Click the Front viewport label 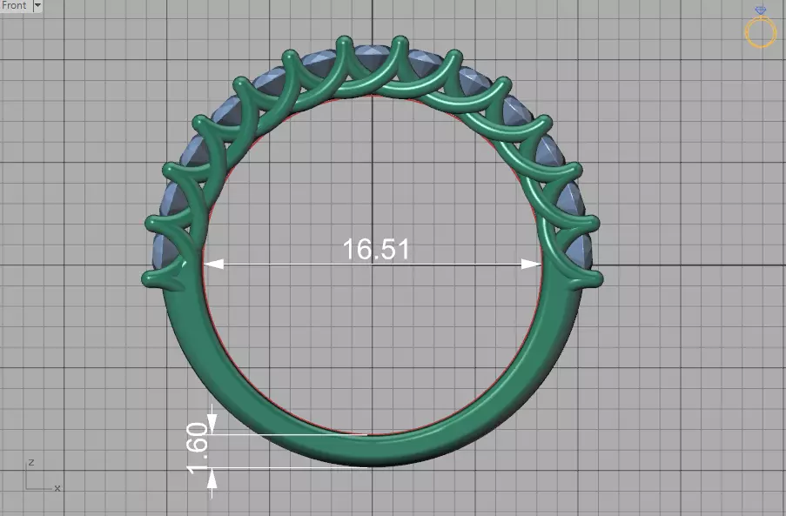pyautogui.click(x=15, y=5)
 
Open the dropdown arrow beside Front pyautogui.click(x=37, y=5)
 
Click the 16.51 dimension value pyautogui.click(x=375, y=250)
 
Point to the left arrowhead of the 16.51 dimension pyautogui.click(x=212, y=264)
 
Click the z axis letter pyautogui.click(x=30, y=462)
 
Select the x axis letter pyautogui.click(x=57, y=488)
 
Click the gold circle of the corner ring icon pyautogui.click(x=760, y=33)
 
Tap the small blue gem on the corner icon pyautogui.click(x=761, y=11)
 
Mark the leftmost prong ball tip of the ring pyautogui.click(x=148, y=279)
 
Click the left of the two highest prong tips pyautogui.click(x=343, y=41)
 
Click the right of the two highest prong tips pyautogui.click(x=400, y=41)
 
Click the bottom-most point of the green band pyautogui.click(x=373, y=466)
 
